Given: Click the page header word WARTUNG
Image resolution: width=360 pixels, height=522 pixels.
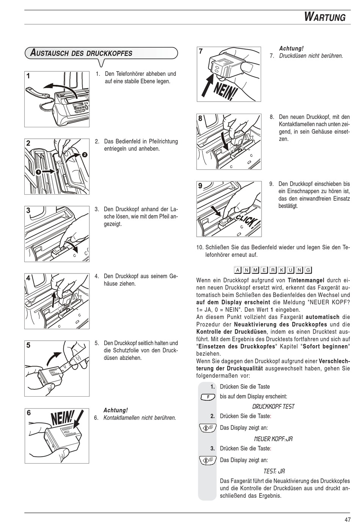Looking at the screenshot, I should pyautogui.click(x=325, y=17).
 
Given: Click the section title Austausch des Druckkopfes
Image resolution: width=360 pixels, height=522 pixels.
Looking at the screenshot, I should pyautogui.click(x=81, y=53).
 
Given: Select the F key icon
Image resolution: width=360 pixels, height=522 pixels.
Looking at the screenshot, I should pyautogui.click(x=208, y=397).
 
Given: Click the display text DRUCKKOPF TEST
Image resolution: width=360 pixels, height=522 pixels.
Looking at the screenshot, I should pyautogui.click(x=273, y=406).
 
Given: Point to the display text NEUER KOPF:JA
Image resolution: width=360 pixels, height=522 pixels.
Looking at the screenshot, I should pyautogui.click(x=273, y=439).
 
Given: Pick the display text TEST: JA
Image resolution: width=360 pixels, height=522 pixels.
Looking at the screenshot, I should pyautogui.click(x=274, y=471).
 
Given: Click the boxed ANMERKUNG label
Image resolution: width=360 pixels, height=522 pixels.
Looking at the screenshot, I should pyautogui.click(x=273, y=270).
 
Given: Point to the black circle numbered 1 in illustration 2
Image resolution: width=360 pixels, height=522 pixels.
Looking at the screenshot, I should pyautogui.click(x=38, y=172).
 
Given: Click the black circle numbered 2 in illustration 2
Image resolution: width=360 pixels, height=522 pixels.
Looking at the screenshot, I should pyautogui.click(x=84, y=155).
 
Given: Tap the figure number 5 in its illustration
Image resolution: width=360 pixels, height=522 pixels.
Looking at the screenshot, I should pyautogui.click(x=29, y=345).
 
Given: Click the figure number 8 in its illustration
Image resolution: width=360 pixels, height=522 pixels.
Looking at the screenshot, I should pyautogui.click(x=200, y=118).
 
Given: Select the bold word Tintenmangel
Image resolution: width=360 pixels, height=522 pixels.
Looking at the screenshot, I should pyautogui.click(x=306, y=280).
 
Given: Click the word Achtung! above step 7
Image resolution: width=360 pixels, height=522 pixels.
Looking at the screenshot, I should pyautogui.click(x=291, y=48).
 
